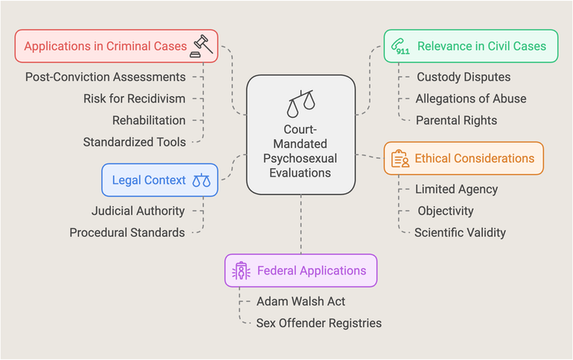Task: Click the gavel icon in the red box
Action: click(202, 45)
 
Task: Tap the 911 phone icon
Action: click(400, 45)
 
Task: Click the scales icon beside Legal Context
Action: click(201, 180)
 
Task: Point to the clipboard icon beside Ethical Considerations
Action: click(400, 158)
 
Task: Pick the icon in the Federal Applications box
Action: click(241, 271)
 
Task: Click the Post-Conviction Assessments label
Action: click(105, 77)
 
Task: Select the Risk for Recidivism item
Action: click(134, 99)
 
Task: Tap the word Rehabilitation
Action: click(149, 120)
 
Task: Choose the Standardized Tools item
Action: click(134, 141)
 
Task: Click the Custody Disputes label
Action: click(464, 77)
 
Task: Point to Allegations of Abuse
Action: click(471, 99)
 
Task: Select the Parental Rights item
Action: click(456, 120)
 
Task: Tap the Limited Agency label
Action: click(456, 189)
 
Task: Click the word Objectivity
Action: click(445, 210)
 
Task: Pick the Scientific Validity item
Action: click(460, 232)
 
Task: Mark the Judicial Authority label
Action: click(138, 210)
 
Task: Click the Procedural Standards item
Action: click(127, 232)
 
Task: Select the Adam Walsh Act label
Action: click(297, 300)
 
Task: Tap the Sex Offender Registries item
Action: click(319, 323)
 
